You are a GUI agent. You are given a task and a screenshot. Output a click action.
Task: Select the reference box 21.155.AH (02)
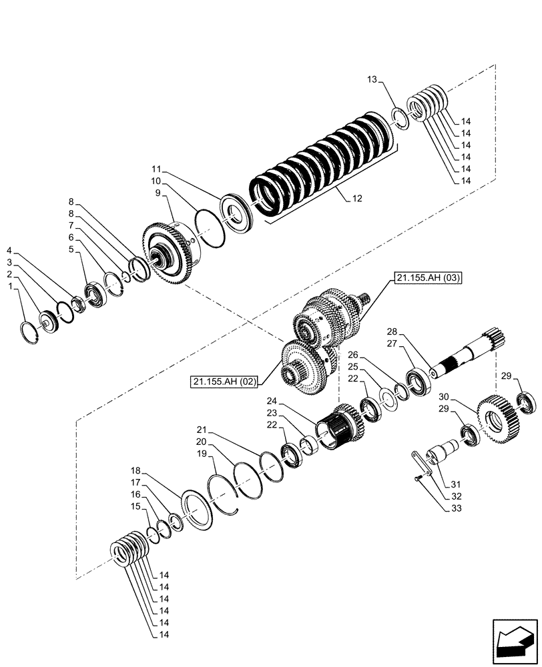(x=225, y=382)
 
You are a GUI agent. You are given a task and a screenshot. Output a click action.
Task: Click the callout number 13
(x=372, y=80)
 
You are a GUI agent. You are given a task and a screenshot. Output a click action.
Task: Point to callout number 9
(x=159, y=192)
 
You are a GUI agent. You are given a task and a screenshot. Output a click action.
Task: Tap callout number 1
(x=9, y=285)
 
